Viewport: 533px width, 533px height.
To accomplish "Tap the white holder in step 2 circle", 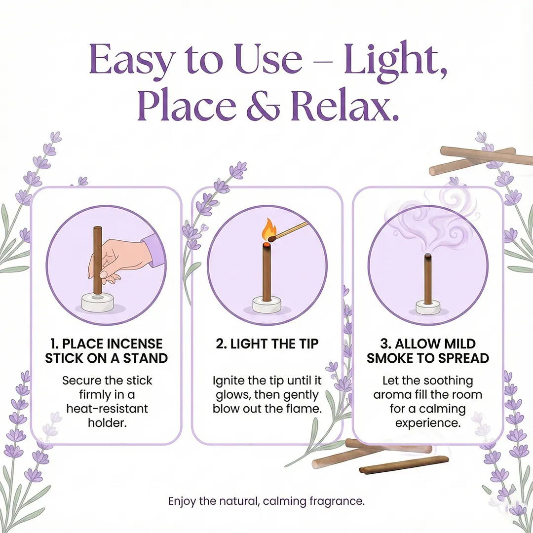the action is click(x=266, y=305).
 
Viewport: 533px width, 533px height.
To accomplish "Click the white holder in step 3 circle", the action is click(x=428, y=307).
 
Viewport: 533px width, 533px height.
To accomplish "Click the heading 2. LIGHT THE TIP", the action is click(x=267, y=343).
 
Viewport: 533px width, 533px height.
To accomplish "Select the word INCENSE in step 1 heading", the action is click(x=134, y=343).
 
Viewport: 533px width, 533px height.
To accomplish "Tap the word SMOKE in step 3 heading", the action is click(x=390, y=358).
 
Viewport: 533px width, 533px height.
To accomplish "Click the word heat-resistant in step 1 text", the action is click(x=107, y=409).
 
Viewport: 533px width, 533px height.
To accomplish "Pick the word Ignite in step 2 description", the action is click(x=229, y=381).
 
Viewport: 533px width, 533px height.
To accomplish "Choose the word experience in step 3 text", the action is click(x=428, y=423).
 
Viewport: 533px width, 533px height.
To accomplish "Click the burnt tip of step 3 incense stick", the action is click(x=428, y=256).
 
